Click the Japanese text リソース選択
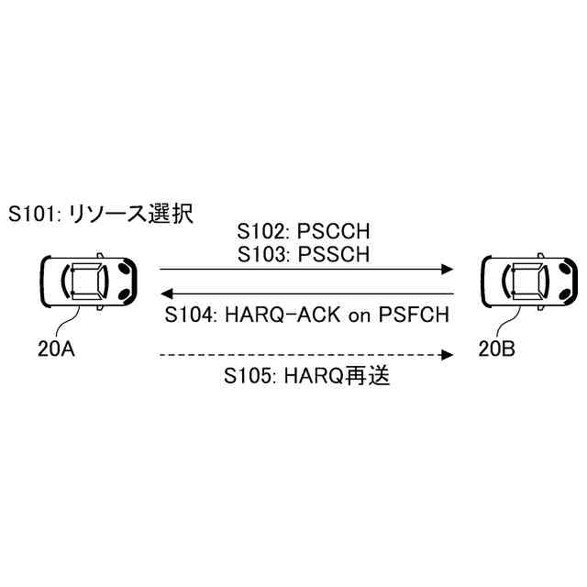pyautogui.click(x=133, y=215)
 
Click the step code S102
pyautogui.click(x=260, y=230)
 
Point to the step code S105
pyautogui.click(x=248, y=376)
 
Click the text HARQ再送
pyautogui.click(x=339, y=376)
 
